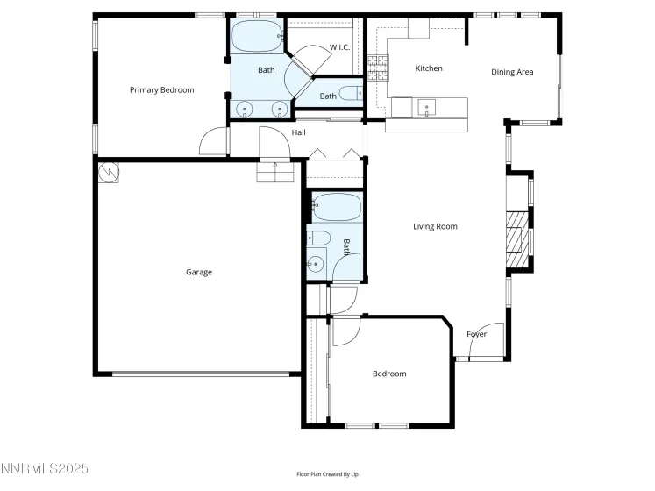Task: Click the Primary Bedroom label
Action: point(161,90)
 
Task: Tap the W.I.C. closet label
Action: point(339,46)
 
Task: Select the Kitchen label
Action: point(429,68)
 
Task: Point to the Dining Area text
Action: point(512,72)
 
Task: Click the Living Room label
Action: point(436,227)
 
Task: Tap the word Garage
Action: point(199,273)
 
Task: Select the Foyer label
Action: point(476,334)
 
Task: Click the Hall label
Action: point(299,132)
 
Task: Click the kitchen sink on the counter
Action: point(427,108)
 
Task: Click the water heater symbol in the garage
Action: point(109,173)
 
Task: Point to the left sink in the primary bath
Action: point(244,110)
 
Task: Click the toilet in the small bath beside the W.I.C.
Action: point(350,93)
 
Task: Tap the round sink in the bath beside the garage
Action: point(315,262)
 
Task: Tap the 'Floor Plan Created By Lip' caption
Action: point(327,474)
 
